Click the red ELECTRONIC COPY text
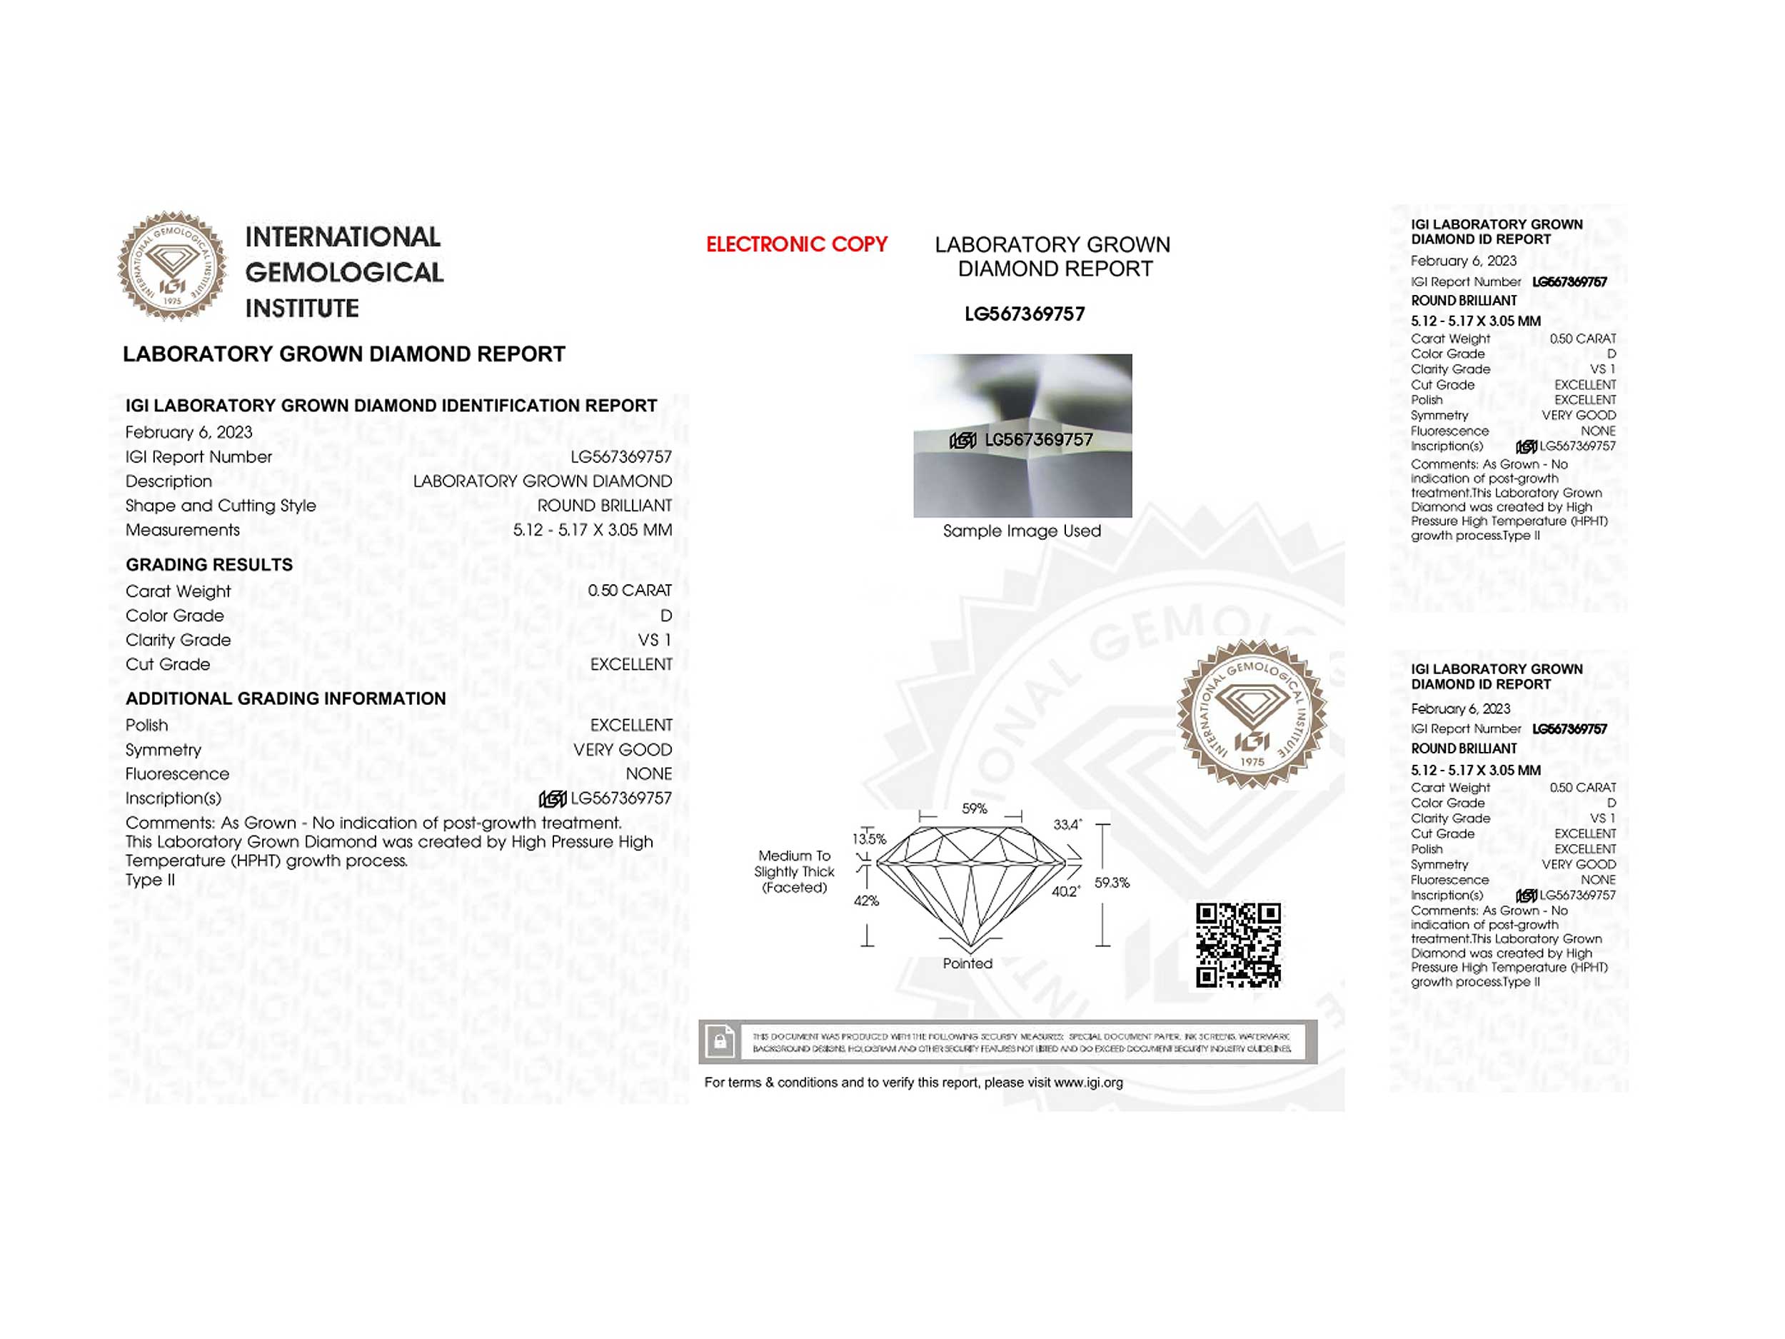797,244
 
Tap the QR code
1238,945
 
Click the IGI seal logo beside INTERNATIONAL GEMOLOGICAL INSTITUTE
172,266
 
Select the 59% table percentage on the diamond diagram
974,808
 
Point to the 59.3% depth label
1111,883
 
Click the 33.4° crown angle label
1067,825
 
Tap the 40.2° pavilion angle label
1065,892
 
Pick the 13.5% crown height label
869,838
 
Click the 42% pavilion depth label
866,901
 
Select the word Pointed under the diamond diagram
967,963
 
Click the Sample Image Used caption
1022,531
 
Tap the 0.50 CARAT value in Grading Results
630,591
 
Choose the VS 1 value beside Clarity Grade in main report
655,640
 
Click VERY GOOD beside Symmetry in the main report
622,750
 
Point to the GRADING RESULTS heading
209,565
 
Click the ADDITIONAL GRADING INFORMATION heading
286,699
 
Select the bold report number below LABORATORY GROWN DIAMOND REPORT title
1024,314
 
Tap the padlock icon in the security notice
720,1041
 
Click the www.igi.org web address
1088,1083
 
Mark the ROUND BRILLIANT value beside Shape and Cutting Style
605,506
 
